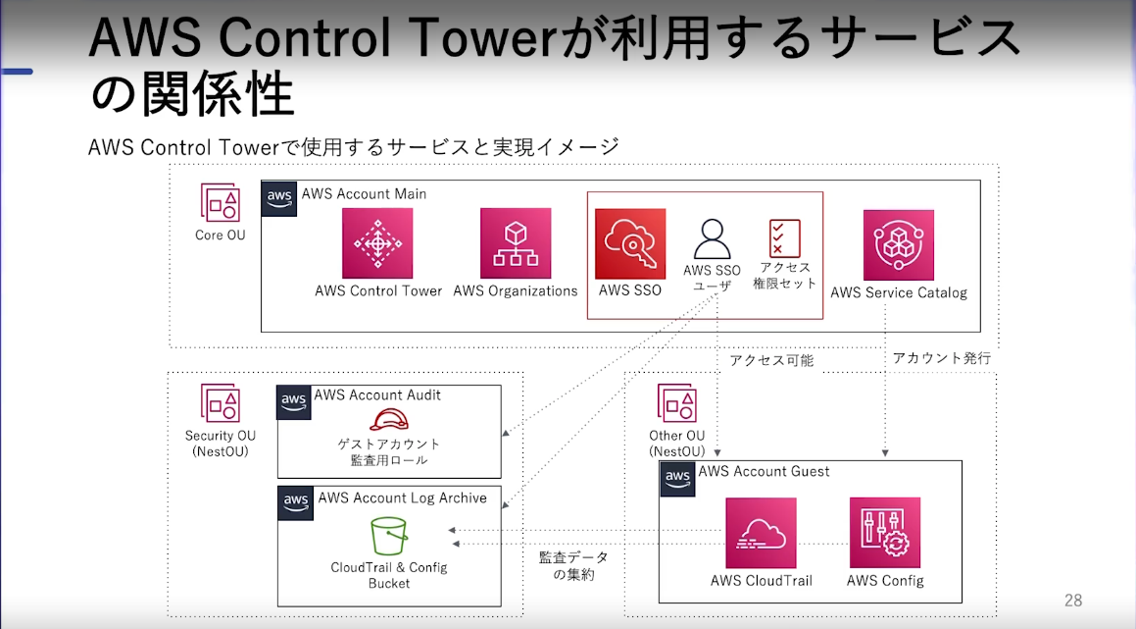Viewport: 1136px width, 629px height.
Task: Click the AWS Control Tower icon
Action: point(377,243)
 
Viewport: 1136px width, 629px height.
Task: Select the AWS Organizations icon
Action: point(516,243)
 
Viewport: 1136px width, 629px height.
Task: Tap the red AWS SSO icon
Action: point(630,244)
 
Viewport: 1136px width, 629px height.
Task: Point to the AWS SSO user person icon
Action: point(713,239)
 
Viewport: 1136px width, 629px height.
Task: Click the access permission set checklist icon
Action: point(785,238)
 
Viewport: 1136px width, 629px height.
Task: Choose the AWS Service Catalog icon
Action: point(899,245)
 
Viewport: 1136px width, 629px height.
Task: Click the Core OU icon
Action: point(221,202)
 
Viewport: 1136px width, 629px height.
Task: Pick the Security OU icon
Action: point(221,403)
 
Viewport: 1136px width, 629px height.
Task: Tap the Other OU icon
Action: point(676,403)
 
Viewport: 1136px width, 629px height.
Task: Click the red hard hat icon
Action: point(389,420)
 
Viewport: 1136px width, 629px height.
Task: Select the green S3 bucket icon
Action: point(389,536)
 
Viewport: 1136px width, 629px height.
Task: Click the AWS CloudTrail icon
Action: point(761,533)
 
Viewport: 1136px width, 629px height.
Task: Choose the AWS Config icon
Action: point(885,533)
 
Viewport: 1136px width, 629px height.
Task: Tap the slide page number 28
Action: point(1073,601)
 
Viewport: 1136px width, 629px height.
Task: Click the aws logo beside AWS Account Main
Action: point(279,199)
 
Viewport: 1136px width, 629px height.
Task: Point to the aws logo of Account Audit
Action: point(294,402)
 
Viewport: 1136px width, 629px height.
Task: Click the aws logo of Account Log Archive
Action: point(296,503)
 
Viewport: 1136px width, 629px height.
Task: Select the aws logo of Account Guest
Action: point(677,479)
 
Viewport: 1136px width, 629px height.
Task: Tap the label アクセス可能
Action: point(771,360)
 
